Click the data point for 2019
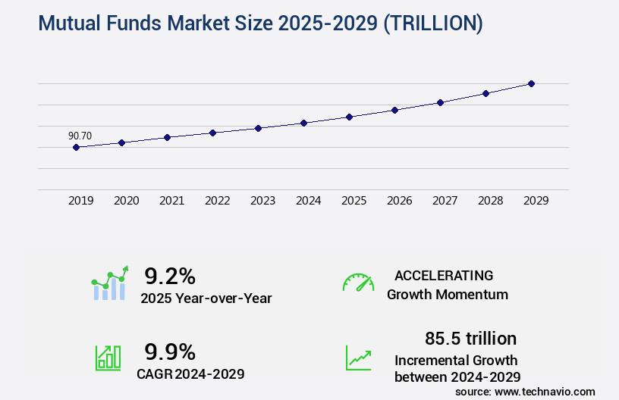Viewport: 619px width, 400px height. click(x=76, y=147)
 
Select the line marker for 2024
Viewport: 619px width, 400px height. click(x=303, y=123)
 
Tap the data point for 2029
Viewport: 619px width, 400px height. click(x=531, y=83)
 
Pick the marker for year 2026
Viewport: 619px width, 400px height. click(x=394, y=110)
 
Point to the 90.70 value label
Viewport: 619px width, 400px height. click(x=80, y=136)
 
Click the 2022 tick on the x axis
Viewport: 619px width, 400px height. click(x=218, y=201)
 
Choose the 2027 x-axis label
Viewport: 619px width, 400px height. click(x=445, y=201)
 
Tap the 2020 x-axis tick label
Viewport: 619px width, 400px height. click(x=127, y=201)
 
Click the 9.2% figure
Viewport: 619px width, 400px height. click(x=170, y=276)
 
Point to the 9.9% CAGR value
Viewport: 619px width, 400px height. click(x=170, y=352)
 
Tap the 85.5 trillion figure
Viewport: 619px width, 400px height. click(x=471, y=338)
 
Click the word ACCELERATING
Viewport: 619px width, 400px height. click(x=444, y=275)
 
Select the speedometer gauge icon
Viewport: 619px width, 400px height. click(x=358, y=283)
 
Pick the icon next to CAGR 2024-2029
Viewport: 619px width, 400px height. click(x=107, y=358)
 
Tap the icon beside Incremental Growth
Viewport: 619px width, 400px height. click(x=358, y=358)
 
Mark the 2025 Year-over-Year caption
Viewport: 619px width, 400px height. click(x=206, y=298)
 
